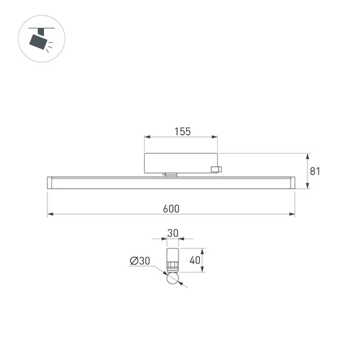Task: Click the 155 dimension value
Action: (x=182, y=131)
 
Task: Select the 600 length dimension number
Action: (x=171, y=209)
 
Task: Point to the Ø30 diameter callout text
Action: (x=140, y=261)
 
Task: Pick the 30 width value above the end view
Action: (x=173, y=233)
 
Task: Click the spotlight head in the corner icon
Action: (x=39, y=42)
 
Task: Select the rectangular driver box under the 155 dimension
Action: (x=180, y=162)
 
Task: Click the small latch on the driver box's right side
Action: (x=216, y=170)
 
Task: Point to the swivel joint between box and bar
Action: (x=171, y=174)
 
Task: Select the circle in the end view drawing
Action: (x=173, y=280)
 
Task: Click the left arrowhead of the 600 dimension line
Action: (x=49, y=215)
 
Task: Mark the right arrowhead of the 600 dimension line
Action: (x=293, y=215)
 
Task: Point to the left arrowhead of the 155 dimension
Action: (x=146, y=138)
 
